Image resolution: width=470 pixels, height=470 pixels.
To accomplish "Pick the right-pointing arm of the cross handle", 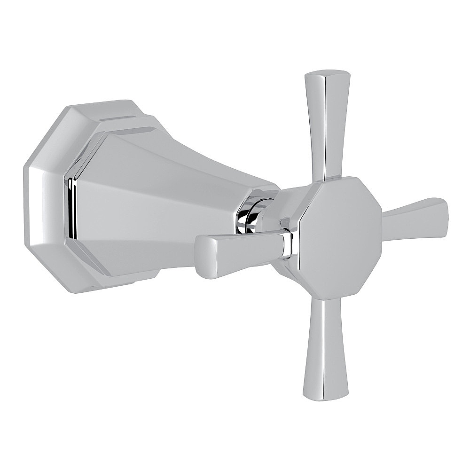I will point(414,218).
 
